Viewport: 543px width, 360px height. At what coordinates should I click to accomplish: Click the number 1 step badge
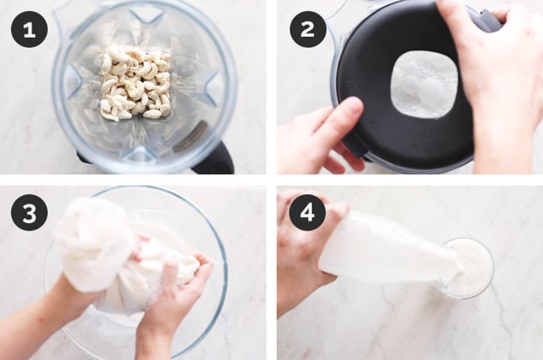tap(29, 29)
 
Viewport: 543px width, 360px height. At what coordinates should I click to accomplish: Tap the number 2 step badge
tap(307, 29)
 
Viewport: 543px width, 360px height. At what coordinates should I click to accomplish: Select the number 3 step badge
tap(29, 213)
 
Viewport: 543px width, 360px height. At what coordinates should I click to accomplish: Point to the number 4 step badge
tap(307, 213)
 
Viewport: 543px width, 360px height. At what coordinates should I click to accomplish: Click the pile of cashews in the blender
tap(136, 83)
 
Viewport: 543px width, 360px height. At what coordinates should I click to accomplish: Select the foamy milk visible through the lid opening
tap(423, 84)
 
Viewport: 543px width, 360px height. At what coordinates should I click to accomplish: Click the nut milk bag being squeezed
tap(114, 257)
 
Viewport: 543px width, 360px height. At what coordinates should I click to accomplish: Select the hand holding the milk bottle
tap(305, 249)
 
